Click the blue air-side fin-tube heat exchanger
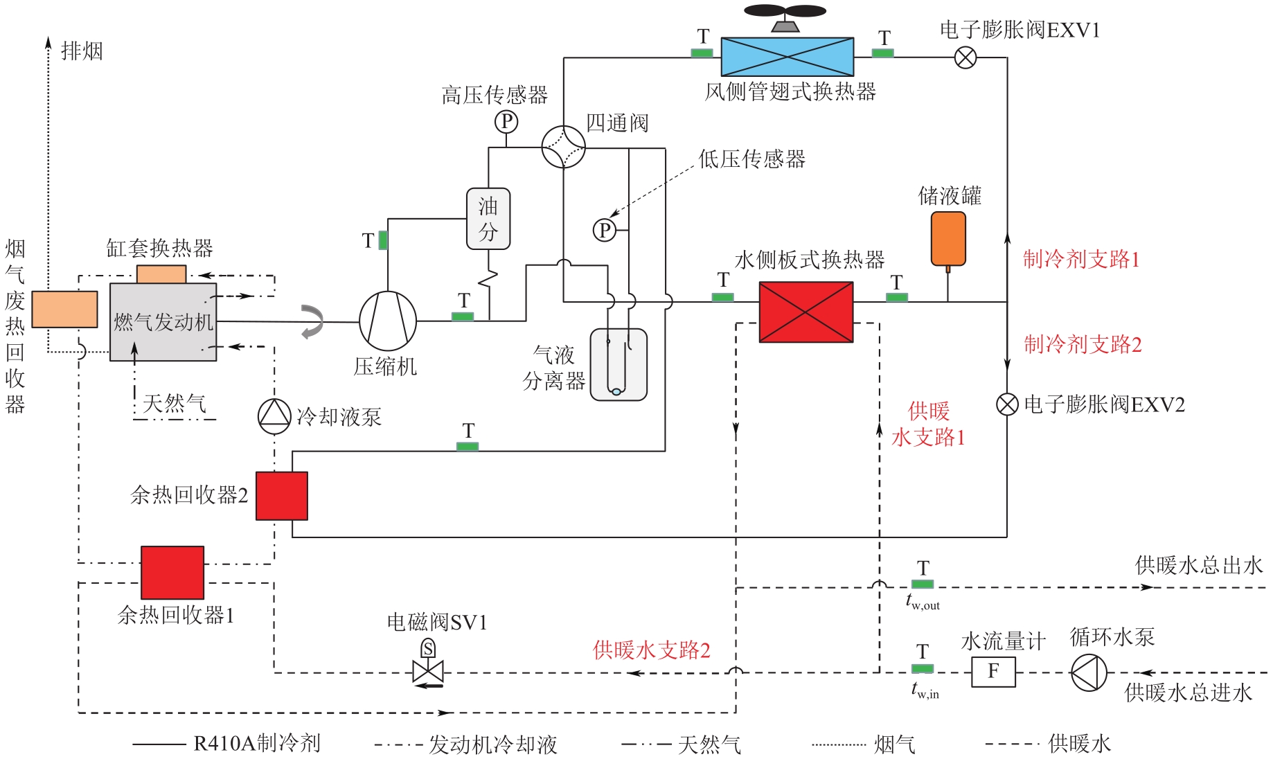click(787, 57)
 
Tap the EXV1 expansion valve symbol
click(965, 57)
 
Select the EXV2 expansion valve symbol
click(1007, 404)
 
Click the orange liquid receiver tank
click(948, 239)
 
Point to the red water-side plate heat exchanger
click(806, 312)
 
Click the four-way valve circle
click(563, 147)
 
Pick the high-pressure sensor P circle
click(506, 122)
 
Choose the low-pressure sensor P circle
click(605, 230)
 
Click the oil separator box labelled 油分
click(488, 219)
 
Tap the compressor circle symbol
click(388, 321)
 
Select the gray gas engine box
click(163, 322)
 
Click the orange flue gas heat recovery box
click(64, 309)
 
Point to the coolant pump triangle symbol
click(274, 416)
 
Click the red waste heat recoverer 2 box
click(282, 496)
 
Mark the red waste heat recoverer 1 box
click(172, 573)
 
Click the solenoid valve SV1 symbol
click(427, 671)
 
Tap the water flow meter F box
click(993, 672)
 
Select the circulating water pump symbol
click(1089, 672)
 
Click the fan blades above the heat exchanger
click(785, 12)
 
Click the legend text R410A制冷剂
click(257, 744)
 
